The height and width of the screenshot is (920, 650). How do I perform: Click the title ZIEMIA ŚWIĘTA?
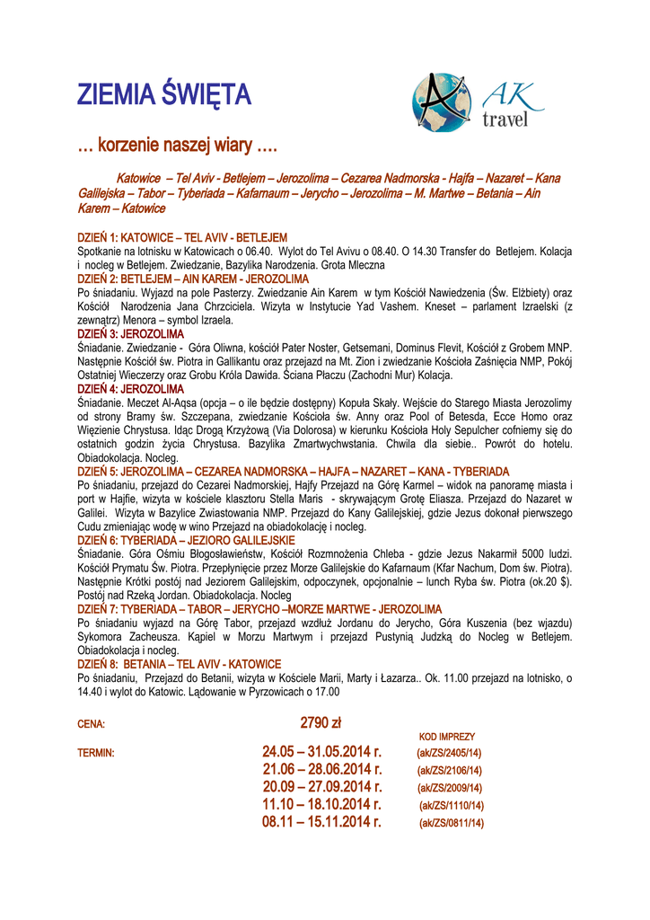[x=164, y=94]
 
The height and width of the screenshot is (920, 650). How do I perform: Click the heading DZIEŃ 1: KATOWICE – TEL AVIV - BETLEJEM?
[x=182, y=237]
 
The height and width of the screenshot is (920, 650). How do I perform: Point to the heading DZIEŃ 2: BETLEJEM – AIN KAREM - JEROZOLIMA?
[x=193, y=279]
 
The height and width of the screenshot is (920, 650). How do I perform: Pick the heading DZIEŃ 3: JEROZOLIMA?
[x=131, y=333]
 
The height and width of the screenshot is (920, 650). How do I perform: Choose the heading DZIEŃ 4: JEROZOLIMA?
[x=131, y=389]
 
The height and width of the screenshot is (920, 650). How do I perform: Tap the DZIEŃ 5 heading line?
[x=294, y=471]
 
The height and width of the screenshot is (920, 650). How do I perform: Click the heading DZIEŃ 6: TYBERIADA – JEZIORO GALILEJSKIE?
[x=187, y=539]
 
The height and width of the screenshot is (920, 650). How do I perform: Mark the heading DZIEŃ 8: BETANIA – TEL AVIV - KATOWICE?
[x=180, y=664]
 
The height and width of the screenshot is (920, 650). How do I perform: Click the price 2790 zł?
[x=321, y=722]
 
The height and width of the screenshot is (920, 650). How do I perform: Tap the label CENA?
[x=92, y=724]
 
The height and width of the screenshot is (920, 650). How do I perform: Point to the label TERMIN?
[x=96, y=753]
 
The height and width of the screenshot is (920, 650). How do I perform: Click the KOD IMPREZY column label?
[x=447, y=737]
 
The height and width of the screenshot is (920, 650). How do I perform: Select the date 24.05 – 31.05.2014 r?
[x=322, y=751]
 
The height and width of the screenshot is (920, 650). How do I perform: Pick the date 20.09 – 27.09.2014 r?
[x=322, y=787]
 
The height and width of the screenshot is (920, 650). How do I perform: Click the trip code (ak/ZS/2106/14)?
[x=450, y=770]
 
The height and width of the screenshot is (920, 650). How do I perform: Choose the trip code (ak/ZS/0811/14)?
[x=452, y=822]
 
